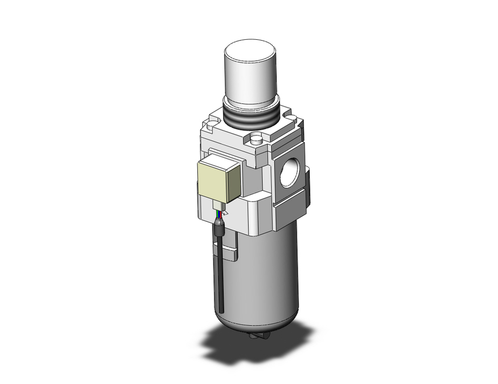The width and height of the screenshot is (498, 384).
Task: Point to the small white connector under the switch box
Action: point(220,205)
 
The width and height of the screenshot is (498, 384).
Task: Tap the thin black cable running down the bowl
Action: point(220,279)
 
